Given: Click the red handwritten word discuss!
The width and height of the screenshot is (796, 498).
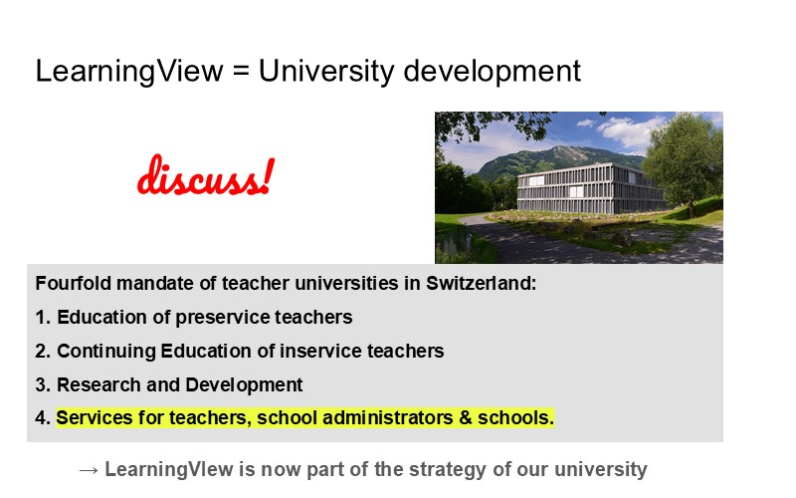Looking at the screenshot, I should (x=205, y=177).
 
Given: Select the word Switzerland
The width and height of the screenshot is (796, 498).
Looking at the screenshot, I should (x=482, y=283).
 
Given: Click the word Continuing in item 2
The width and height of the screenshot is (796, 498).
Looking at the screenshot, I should (x=102, y=352).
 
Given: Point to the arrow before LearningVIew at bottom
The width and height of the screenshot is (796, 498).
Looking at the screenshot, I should (x=88, y=469).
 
